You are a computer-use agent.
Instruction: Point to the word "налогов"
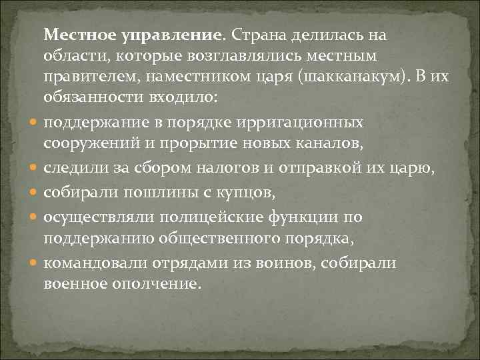[x=225, y=170]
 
